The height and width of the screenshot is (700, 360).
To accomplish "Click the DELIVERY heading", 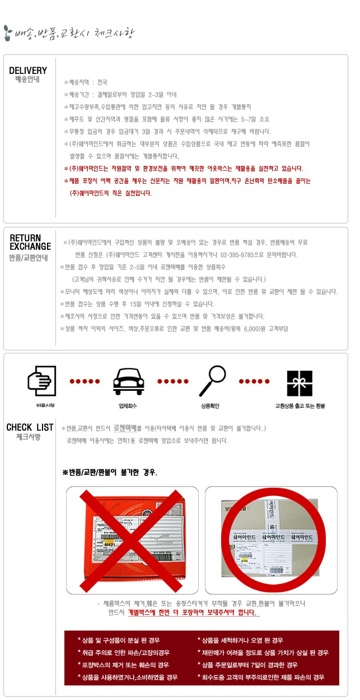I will pyautogui.click(x=28, y=71).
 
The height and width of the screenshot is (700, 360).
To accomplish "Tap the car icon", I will pyautogui.click(x=128, y=381).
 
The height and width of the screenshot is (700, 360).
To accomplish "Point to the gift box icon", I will pyautogui.click(x=299, y=382).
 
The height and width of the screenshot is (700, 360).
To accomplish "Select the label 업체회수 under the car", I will pyautogui.click(x=128, y=405).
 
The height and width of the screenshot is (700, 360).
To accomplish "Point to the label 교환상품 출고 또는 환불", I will pyautogui.click(x=300, y=405).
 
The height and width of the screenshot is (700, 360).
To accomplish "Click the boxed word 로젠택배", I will pyautogui.click(x=127, y=428).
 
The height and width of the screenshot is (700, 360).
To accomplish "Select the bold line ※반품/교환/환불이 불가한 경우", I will pyautogui.click(x=110, y=472).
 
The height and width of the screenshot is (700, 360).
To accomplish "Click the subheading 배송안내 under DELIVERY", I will pyautogui.click(x=27, y=80).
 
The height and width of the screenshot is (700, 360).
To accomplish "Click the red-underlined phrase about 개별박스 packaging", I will pyautogui.click(x=194, y=613).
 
